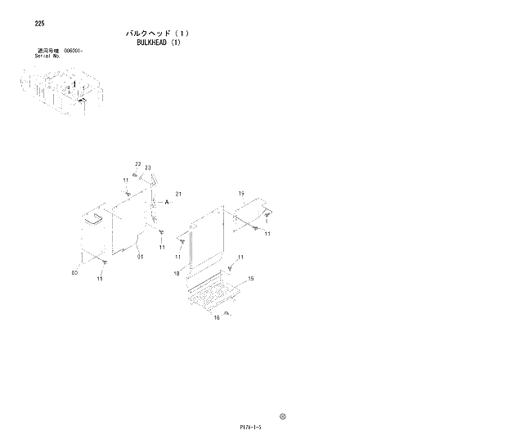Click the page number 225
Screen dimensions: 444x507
[39, 23]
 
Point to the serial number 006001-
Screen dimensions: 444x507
[74, 51]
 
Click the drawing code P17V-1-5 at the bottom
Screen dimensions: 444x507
[252, 426]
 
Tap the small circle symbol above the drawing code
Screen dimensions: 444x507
[283, 415]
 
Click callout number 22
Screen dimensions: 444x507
[138, 164]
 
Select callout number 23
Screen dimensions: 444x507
[148, 168]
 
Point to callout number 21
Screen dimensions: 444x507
[177, 193]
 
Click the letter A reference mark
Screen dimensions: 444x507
[167, 201]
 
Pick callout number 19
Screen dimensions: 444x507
[241, 193]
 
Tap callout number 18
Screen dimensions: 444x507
[176, 273]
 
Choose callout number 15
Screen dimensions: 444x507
[251, 278]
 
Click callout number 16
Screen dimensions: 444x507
[217, 318]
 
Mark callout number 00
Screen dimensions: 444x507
[74, 272]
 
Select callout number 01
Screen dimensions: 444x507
[140, 256]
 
